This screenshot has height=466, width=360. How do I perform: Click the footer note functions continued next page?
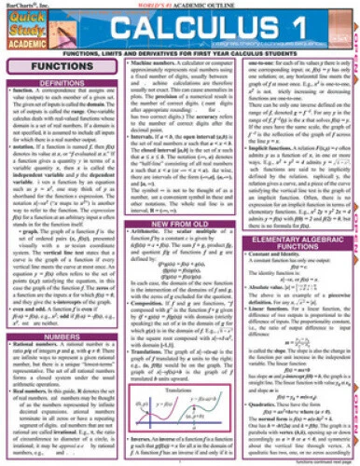[x=319, y=461]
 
